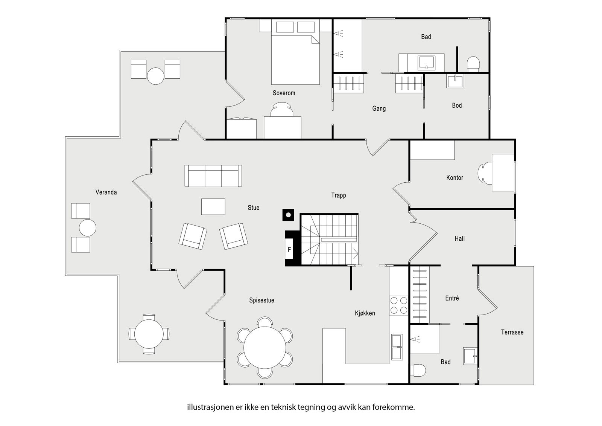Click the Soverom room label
click(284, 93)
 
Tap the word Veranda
click(106, 192)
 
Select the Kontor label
click(455, 178)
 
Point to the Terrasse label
click(512, 332)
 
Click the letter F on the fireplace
click(289, 249)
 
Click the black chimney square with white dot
click(288, 215)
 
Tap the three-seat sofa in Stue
click(213, 176)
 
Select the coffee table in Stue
click(213, 207)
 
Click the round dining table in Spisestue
click(265, 347)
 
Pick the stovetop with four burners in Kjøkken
click(398, 305)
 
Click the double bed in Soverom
click(295, 60)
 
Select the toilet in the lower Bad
click(418, 370)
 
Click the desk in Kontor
click(503, 173)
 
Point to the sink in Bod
click(455, 81)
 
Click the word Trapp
click(339, 195)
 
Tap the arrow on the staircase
click(356, 254)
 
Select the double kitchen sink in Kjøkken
click(397, 347)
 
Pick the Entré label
click(452, 298)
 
